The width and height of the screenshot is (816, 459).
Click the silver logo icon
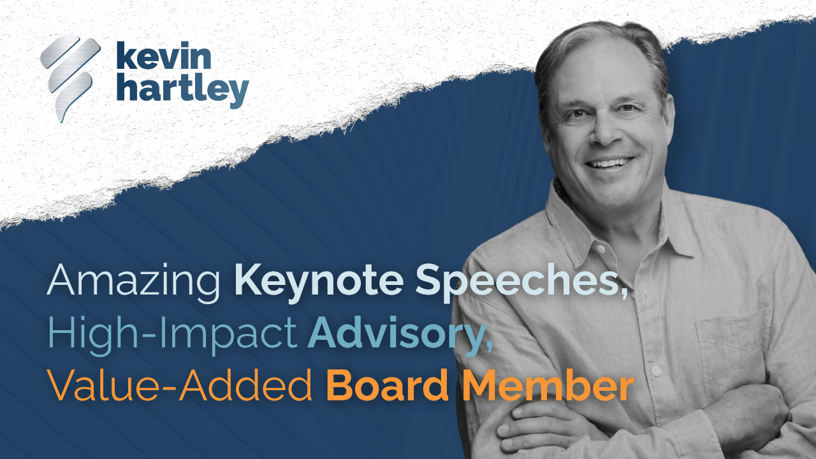(x=70, y=78)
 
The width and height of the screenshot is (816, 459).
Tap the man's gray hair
(x=599, y=48)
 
